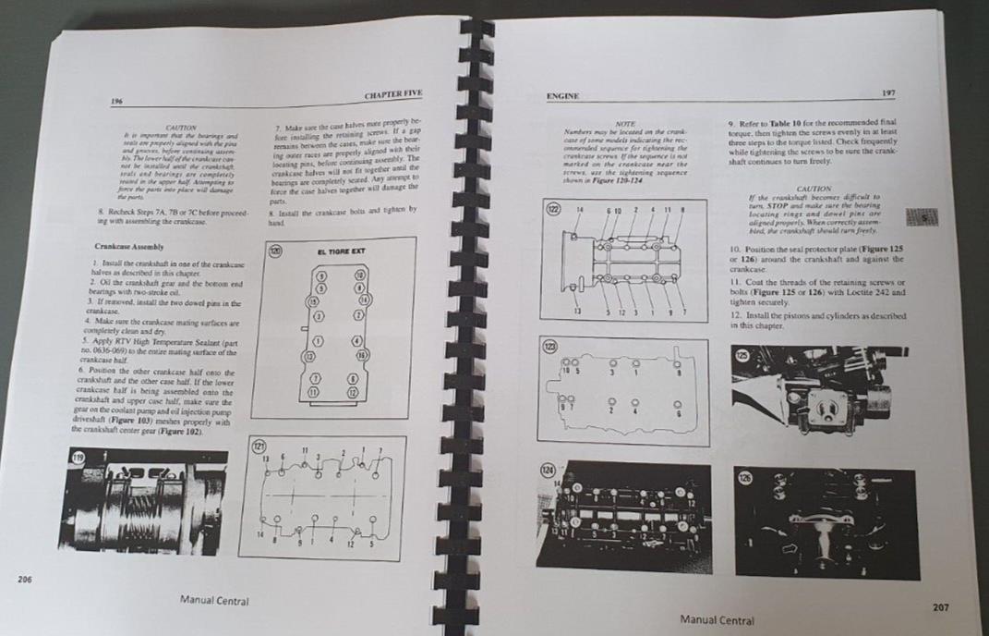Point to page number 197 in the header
tap(888, 92)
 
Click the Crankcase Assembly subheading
tap(128, 247)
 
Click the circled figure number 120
tap(274, 250)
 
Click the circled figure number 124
tap(549, 473)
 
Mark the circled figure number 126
tap(745, 479)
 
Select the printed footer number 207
tap(940, 607)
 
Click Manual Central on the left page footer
tap(213, 601)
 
